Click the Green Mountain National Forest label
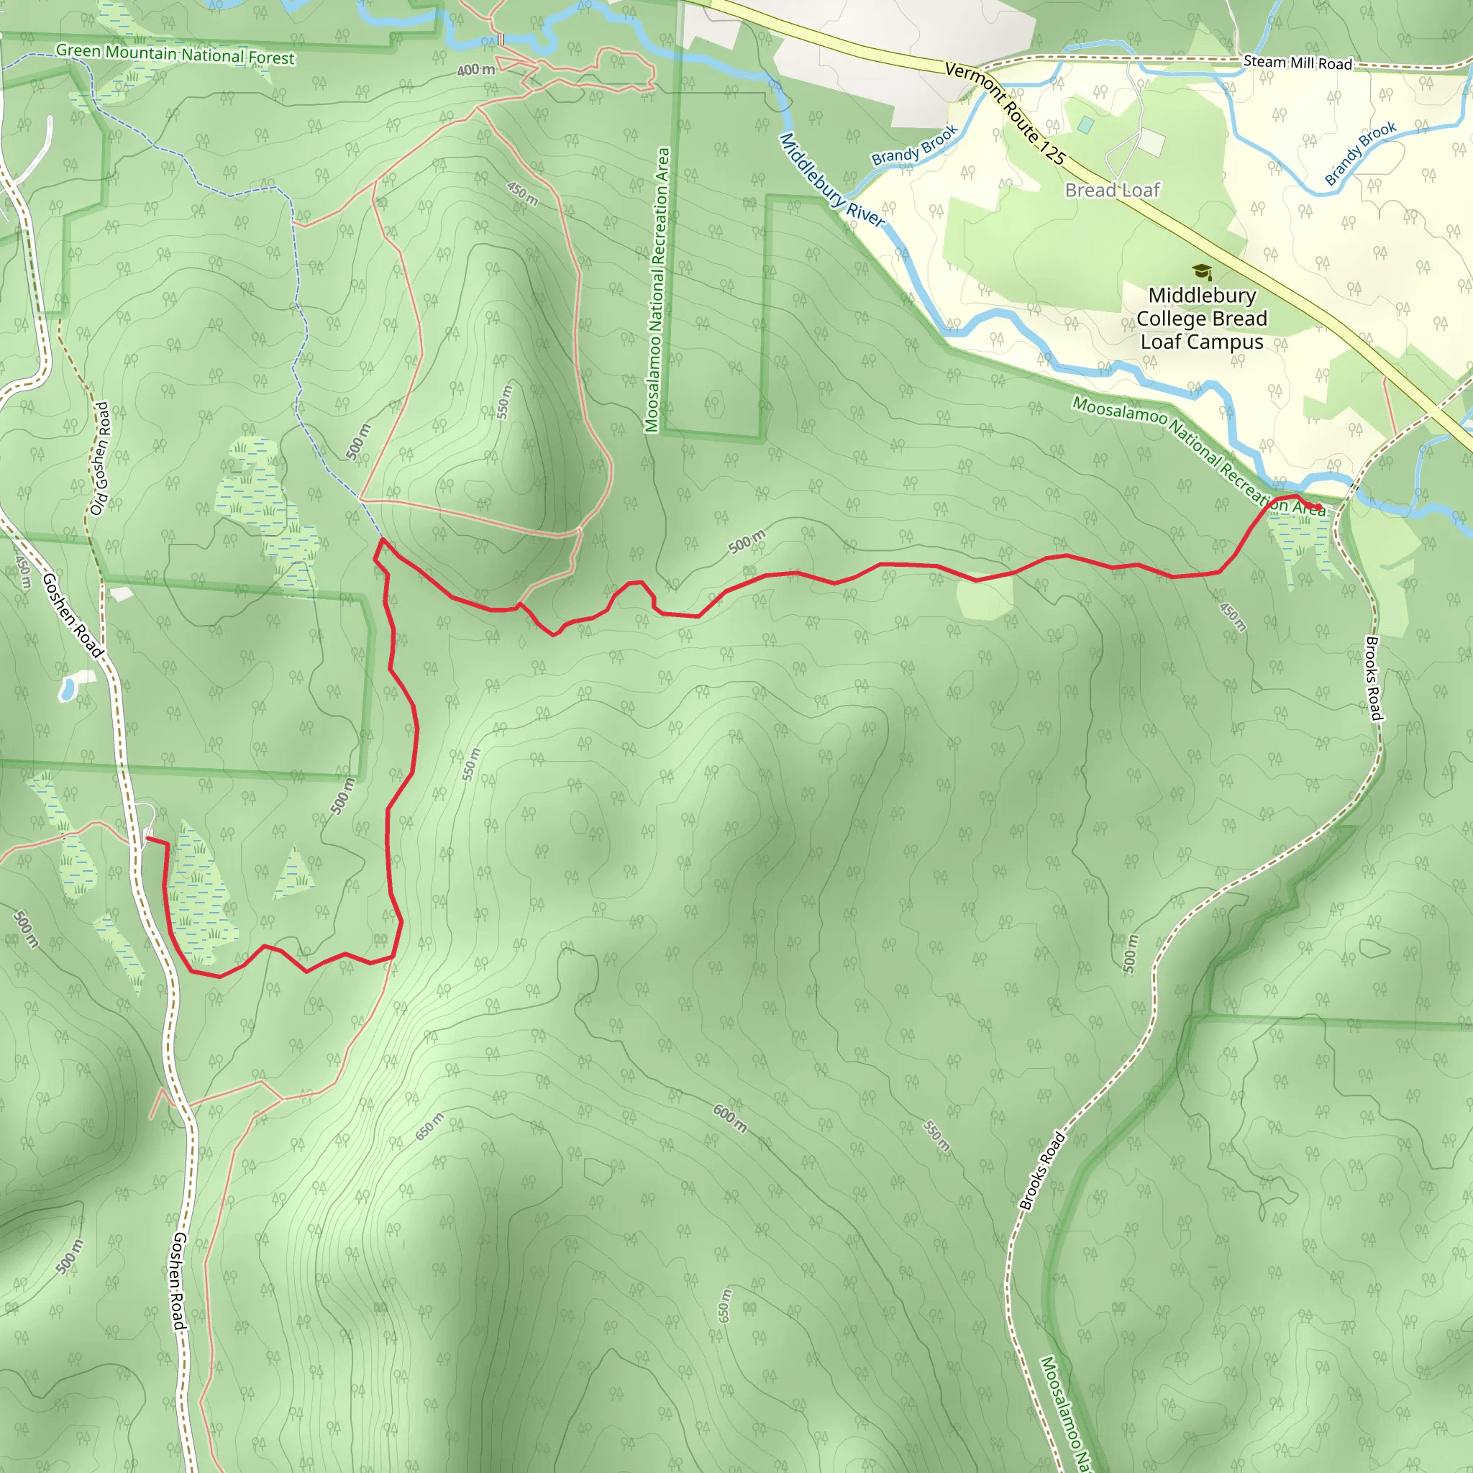175,54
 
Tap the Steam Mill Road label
1297,63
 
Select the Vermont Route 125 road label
1005,113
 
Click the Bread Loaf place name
1113,190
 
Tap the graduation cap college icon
1202,271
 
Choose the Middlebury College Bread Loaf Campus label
1202,318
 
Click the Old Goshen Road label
100,458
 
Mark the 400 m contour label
475,70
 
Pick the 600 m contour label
729,1118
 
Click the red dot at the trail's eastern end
1318,507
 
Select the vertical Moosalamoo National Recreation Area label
657,290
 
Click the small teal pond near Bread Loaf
1085,124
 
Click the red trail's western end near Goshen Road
147,839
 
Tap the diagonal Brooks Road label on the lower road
1041,1171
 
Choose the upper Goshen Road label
72,615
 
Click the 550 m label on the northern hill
504,402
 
